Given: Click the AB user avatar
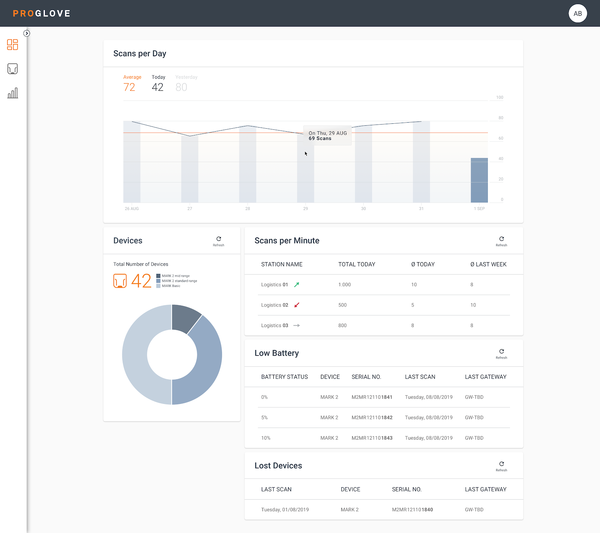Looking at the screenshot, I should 577,14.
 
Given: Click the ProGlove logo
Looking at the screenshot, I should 42,14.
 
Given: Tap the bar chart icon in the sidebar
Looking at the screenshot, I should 13,93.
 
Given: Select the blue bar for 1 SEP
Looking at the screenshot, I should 479,180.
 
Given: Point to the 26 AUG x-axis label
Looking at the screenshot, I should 132,209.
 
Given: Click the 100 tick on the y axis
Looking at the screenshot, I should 499,98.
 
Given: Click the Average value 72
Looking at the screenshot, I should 129,87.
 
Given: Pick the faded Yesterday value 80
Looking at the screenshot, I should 181,87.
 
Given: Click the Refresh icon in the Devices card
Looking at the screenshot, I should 219,239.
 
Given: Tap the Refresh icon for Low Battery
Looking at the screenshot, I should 501,351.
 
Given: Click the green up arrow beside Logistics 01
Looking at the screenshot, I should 297,285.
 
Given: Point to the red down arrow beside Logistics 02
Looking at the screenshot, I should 297,305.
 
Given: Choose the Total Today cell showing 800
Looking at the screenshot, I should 342,326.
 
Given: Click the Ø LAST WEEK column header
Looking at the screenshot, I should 488,264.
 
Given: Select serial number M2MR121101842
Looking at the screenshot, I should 372,417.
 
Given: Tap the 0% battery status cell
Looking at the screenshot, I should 264,397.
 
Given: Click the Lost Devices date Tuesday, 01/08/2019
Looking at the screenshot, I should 285,510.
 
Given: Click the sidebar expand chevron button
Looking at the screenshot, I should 27,33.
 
